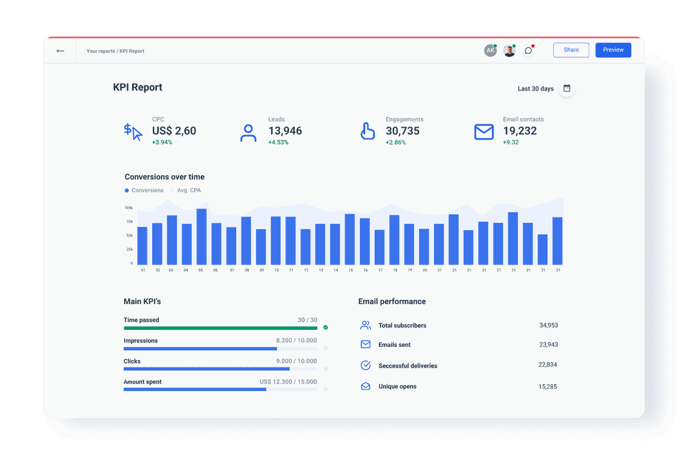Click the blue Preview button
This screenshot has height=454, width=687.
coord(613,50)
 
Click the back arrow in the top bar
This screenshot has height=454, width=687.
coord(60,51)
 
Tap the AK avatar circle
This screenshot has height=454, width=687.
coord(490,50)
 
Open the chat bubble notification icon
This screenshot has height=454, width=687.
coord(528,50)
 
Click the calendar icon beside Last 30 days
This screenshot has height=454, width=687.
coord(567,88)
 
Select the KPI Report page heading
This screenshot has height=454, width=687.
coord(137,88)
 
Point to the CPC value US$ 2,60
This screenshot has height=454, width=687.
coord(174,131)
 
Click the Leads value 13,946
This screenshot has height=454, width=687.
coord(285,131)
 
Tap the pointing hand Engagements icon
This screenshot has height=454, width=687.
coord(367,131)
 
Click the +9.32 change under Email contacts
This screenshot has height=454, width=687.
coord(511,143)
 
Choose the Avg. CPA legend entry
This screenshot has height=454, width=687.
coord(188,190)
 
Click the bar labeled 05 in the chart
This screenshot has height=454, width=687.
coord(201,236)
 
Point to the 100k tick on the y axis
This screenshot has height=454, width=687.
coord(128,207)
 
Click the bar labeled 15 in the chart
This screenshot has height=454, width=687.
coord(350,239)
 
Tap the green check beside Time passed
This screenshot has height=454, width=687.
coord(326,327)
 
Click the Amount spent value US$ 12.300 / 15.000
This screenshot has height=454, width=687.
coord(288,382)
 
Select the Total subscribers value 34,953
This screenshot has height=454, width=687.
coord(548,325)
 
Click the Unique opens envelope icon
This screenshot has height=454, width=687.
coord(365,386)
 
